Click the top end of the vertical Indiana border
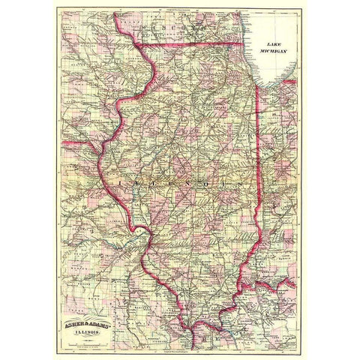pos(256,85)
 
